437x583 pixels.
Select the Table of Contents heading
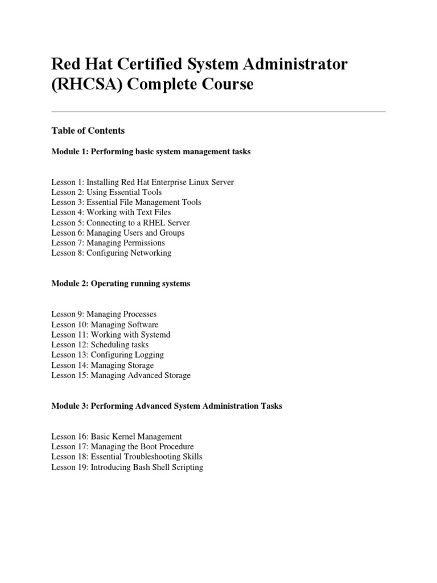(88, 130)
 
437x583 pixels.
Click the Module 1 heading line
(151, 152)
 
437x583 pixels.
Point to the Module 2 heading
(121, 284)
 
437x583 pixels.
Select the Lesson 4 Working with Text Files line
(111, 212)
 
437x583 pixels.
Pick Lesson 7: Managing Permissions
(108, 243)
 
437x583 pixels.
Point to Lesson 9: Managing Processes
(104, 314)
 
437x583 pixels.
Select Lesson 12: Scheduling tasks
(100, 345)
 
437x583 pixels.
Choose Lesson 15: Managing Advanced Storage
(121, 376)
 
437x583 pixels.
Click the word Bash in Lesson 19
(141, 467)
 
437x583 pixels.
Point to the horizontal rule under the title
(218, 112)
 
